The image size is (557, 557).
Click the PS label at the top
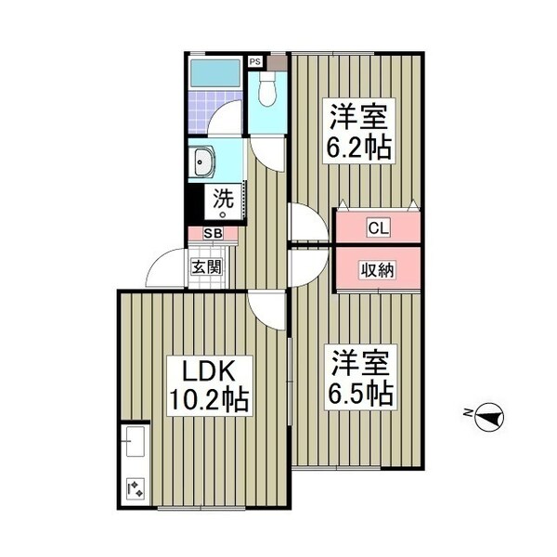254,62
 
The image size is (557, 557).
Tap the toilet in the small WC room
268,90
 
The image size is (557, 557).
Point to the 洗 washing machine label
224,198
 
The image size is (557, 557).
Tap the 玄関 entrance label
205,266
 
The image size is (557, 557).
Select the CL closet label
378,227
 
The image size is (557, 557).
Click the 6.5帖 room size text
360,394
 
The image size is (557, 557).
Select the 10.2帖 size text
207,401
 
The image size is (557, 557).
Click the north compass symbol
488,419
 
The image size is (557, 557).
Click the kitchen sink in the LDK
134,441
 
